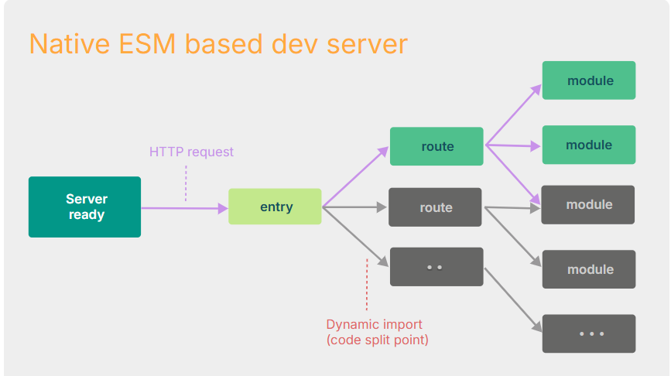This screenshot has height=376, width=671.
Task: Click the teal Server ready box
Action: click(x=84, y=207)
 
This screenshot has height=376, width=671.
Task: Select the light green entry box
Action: click(x=275, y=207)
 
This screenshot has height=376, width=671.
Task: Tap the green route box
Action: click(x=436, y=146)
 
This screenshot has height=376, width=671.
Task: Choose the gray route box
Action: click(x=435, y=207)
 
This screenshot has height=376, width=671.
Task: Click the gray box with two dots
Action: click(x=435, y=267)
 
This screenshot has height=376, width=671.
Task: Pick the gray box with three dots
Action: click(x=589, y=333)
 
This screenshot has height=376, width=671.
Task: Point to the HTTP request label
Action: click(x=191, y=152)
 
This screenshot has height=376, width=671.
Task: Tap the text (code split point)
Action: click(x=377, y=340)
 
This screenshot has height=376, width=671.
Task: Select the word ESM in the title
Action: click(x=158, y=43)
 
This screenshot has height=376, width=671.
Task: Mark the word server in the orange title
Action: click(x=367, y=43)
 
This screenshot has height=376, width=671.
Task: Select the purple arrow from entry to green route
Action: click(x=355, y=177)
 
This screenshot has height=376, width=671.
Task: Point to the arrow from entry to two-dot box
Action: click(x=355, y=235)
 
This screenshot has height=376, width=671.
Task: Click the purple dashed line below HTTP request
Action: click(x=186, y=183)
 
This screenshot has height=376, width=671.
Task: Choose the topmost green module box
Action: click(x=589, y=80)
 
